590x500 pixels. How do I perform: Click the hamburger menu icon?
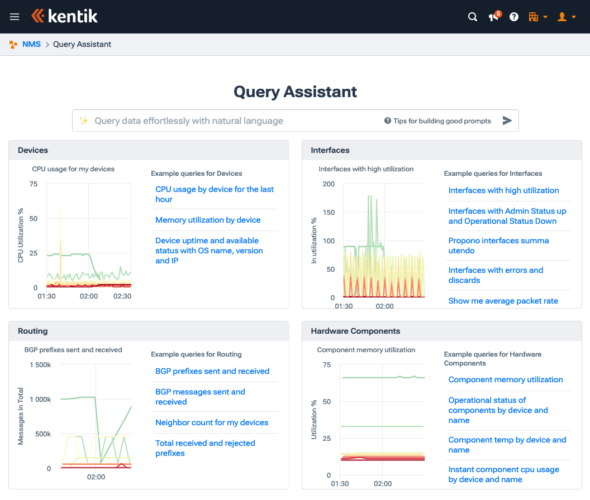click(15, 17)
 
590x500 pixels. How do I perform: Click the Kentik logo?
click(65, 16)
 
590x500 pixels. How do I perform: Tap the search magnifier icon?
click(473, 17)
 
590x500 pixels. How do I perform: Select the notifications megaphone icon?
click(494, 17)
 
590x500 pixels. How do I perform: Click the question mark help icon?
click(514, 17)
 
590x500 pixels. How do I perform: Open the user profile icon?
click(563, 17)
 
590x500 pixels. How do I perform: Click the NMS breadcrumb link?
click(31, 44)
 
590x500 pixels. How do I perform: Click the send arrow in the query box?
click(507, 121)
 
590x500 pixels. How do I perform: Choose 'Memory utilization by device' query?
click(208, 220)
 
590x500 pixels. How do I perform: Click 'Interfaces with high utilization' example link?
click(503, 190)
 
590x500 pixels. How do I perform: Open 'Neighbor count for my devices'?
click(212, 422)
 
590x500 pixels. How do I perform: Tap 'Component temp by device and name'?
click(507, 445)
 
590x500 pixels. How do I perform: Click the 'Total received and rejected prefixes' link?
click(205, 448)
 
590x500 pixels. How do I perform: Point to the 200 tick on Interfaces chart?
click(329, 184)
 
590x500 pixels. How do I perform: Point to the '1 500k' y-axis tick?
click(40, 365)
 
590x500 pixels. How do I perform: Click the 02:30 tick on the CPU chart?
click(122, 296)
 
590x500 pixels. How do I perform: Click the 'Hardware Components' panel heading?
click(355, 331)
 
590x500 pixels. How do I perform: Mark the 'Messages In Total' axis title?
click(21, 416)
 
